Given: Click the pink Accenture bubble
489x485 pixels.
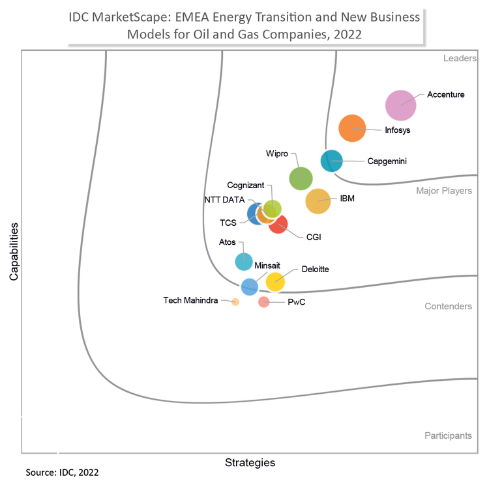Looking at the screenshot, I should [x=401, y=105].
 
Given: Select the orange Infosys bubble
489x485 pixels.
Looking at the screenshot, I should [x=353, y=128].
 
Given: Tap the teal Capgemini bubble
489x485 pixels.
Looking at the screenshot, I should [x=332, y=160].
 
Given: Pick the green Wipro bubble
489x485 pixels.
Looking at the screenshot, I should [x=301, y=178].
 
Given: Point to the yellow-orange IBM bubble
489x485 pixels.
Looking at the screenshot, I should [x=318, y=201].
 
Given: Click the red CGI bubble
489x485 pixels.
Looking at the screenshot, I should [x=278, y=224].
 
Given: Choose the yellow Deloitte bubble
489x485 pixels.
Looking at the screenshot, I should [x=275, y=281].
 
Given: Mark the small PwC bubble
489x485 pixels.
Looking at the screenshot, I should [x=263, y=301].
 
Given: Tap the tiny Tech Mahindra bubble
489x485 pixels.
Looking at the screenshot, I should [x=235, y=301].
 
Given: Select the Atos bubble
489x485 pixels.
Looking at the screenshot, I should [x=243, y=261].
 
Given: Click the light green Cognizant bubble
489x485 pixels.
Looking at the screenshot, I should [x=273, y=208].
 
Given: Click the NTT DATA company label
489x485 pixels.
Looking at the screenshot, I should [x=224, y=200].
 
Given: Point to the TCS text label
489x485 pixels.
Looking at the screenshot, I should [x=228, y=223].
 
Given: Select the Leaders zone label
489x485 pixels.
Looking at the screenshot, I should [x=459, y=59].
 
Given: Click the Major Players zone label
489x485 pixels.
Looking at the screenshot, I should [x=444, y=191].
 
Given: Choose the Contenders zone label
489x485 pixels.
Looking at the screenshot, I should [x=448, y=306].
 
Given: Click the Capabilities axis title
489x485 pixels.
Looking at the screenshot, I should [x=14, y=251].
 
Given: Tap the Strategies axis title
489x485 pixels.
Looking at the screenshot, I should [x=250, y=463].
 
